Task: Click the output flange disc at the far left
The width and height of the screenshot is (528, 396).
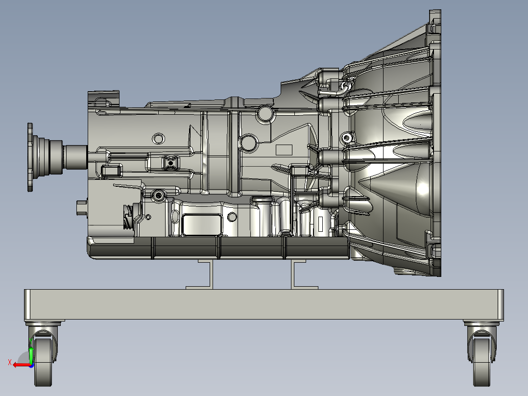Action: (30, 157)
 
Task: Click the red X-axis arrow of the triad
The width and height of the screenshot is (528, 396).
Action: (20, 365)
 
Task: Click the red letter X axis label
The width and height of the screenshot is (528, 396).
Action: (9, 363)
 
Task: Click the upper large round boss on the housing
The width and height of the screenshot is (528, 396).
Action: (265, 114)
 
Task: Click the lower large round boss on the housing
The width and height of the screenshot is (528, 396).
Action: (249, 143)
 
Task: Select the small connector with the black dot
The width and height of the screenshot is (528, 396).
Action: (170, 162)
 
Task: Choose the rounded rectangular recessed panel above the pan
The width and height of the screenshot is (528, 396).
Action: (200, 224)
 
